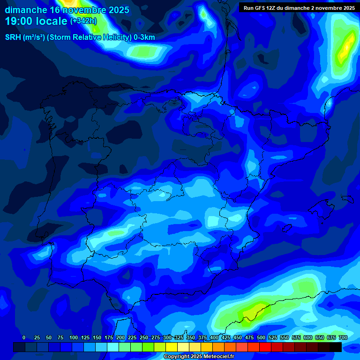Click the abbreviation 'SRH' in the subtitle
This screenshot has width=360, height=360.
[x=13, y=37]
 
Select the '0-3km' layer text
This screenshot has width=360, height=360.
[x=144, y=37]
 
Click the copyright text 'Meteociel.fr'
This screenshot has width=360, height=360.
[x=215, y=357]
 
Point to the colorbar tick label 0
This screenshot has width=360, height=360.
[x=24, y=337]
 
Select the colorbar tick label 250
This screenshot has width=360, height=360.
[x=143, y=337]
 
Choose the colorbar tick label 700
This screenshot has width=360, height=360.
[x=343, y=337]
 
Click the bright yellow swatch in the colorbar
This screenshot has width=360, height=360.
[x=172, y=347]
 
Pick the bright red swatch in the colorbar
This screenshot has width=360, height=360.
[x=265, y=347]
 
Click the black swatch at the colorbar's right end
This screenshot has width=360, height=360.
[x=336, y=347]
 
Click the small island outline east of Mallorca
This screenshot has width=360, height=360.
[x=347, y=199]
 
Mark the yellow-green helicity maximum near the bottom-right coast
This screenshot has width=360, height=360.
[x=253, y=312]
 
